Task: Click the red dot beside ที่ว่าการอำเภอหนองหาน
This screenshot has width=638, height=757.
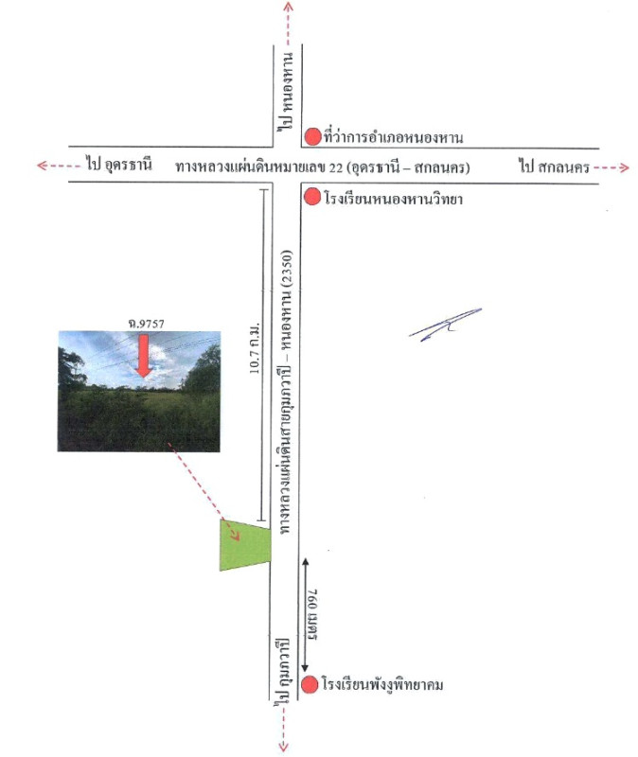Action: [x=313, y=136]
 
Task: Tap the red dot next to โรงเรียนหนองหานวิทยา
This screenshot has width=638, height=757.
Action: [x=312, y=197]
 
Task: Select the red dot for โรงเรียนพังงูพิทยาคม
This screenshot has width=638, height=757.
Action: [x=310, y=684]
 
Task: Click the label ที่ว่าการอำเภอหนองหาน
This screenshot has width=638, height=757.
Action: [x=394, y=136]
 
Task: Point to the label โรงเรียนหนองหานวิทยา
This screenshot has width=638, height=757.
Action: [x=394, y=198]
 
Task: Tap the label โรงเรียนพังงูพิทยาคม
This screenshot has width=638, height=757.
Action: [x=382, y=684]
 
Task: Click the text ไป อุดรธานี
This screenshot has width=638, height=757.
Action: [x=119, y=164]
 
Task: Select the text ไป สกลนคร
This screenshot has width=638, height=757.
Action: [x=555, y=167]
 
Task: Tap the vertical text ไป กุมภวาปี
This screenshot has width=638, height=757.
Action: [x=282, y=671]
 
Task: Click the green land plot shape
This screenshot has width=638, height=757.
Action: [x=245, y=545]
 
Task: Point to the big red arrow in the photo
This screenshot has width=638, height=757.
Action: [x=144, y=356]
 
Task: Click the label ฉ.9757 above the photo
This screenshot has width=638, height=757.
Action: [x=147, y=324]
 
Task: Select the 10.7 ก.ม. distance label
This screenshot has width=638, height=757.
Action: [x=255, y=348]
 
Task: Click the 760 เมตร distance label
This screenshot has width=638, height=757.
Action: [x=310, y=614]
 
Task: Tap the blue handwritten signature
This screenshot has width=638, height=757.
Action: [x=445, y=325]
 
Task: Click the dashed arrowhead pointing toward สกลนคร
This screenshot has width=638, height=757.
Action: [x=625, y=167]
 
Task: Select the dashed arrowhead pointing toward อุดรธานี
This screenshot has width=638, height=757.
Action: [x=42, y=166]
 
